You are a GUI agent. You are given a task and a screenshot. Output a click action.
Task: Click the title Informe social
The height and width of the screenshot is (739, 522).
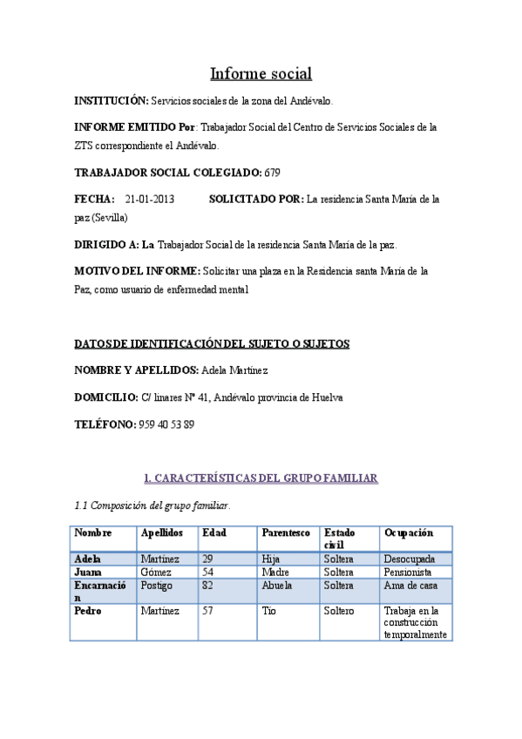click(x=260, y=73)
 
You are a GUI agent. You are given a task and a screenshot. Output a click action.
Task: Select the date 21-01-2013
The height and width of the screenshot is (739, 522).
click(x=149, y=200)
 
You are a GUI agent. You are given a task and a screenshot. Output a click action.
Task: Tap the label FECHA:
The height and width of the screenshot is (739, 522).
click(x=94, y=200)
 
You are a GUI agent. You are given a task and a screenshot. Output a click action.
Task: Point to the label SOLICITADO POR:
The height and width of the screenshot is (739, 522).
click(x=256, y=200)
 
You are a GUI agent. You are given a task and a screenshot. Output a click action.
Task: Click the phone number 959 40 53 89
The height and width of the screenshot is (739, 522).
click(x=166, y=424)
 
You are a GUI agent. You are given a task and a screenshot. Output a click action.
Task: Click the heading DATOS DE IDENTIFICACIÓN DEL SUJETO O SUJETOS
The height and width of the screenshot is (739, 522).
click(x=212, y=343)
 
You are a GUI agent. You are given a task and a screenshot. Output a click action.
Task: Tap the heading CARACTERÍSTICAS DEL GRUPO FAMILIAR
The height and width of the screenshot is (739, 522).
click(x=260, y=478)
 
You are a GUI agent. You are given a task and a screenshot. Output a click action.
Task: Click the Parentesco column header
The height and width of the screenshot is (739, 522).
click(x=284, y=532)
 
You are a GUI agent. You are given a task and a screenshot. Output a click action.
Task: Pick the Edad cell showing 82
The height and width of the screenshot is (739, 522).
click(x=208, y=586)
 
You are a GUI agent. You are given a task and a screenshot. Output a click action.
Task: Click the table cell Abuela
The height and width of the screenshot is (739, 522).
click(x=277, y=586)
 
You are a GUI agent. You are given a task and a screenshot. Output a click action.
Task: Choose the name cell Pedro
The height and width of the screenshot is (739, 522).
click(x=88, y=611)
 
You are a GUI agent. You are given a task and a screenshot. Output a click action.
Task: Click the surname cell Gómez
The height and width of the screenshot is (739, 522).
click(x=156, y=573)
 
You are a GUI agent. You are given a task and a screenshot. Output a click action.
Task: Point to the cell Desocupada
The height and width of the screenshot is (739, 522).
click(x=409, y=559)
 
